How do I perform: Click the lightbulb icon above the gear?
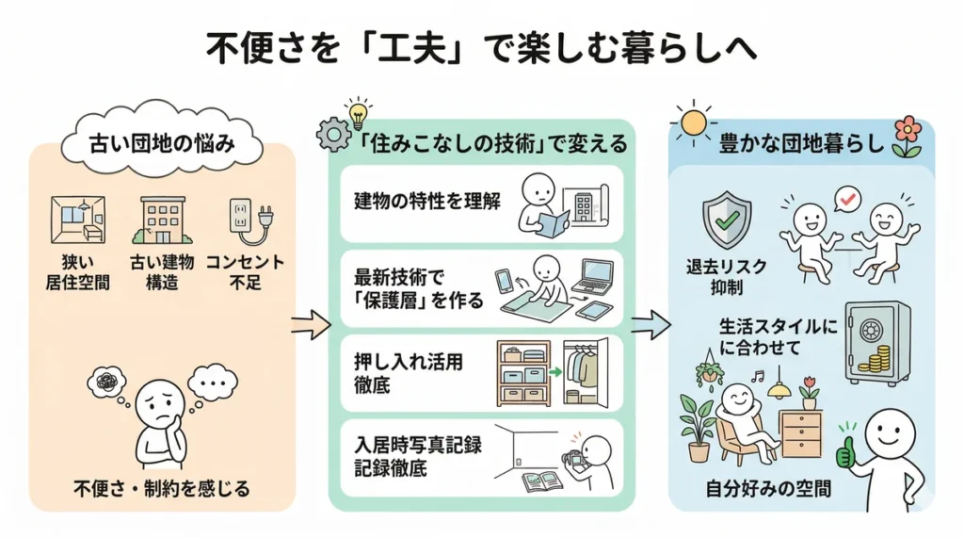pyautogui.click(x=357, y=112)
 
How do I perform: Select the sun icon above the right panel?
pyautogui.click(x=696, y=122)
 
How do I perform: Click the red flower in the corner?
pyautogui.click(x=908, y=133)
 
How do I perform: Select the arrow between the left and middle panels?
pyautogui.click(x=311, y=326)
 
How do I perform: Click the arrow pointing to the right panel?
pyautogui.click(x=650, y=326)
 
